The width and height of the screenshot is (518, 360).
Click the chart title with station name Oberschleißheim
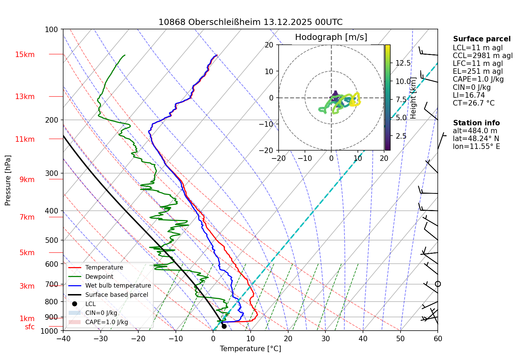point(250,22)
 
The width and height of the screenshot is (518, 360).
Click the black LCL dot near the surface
point(224,326)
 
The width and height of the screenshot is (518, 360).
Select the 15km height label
point(25,55)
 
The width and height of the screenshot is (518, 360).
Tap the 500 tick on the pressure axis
point(52,240)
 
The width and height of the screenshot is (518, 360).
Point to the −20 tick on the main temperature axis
point(138,338)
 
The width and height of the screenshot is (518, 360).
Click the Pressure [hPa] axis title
point(8,180)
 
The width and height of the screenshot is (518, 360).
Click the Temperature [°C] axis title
point(250,349)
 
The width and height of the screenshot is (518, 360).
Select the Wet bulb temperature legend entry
point(118,286)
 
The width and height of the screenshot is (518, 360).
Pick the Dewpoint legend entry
point(99,277)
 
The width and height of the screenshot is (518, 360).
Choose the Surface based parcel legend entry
point(116,295)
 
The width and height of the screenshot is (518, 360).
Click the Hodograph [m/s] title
point(331,37)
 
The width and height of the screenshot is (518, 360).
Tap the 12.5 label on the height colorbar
point(403,63)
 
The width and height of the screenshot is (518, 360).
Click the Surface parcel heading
point(481,39)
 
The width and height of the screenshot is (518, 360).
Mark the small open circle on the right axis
point(438,284)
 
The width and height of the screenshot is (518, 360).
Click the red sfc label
point(30,327)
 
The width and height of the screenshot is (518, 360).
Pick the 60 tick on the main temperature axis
point(438,338)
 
